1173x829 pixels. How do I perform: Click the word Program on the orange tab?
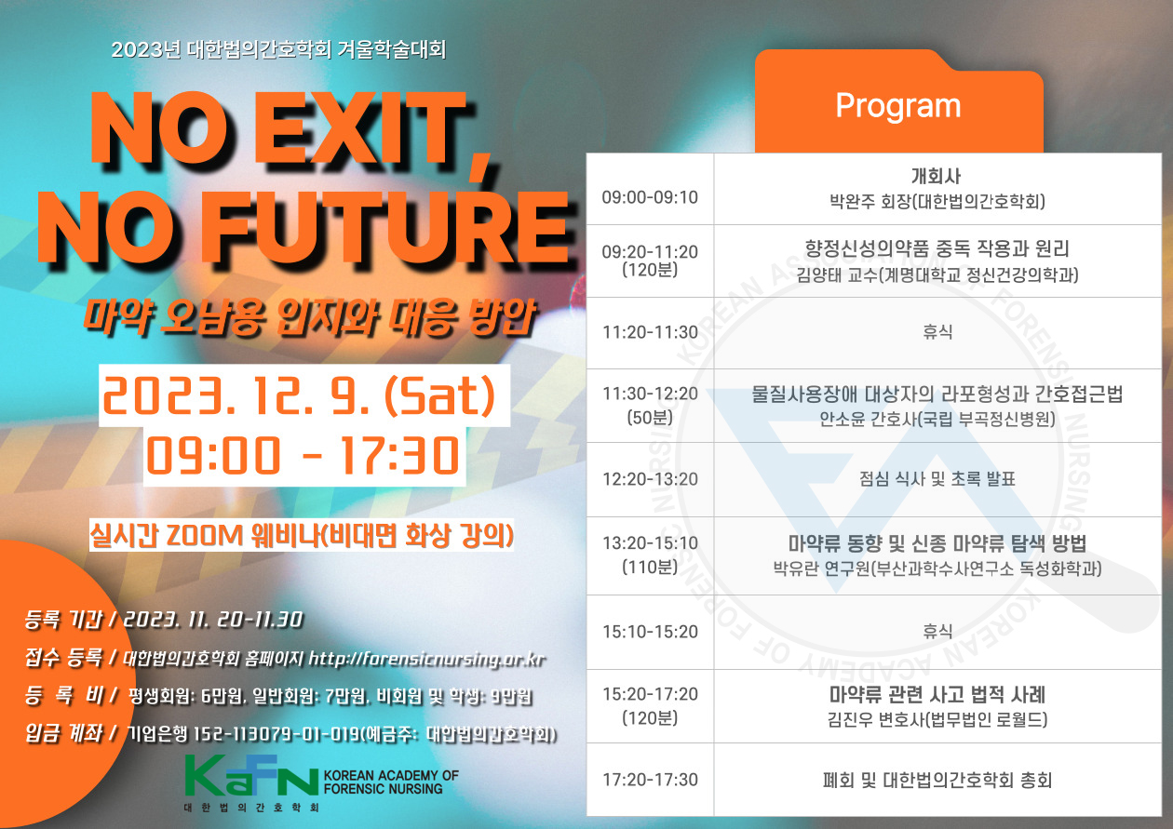point(898,107)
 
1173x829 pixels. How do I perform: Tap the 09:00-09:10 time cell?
point(650,197)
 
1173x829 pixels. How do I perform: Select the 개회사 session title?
point(937,177)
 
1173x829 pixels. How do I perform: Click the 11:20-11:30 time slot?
point(650,332)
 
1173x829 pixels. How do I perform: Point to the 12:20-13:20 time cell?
point(650,479)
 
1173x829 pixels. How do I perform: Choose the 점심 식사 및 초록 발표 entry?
point(937,479)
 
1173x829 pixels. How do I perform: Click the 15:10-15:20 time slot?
point(650,632)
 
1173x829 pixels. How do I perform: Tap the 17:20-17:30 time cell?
point(650,780)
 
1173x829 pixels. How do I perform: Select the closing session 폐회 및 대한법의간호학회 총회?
point(937,781)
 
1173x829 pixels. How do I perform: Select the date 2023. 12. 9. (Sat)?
point(299,396)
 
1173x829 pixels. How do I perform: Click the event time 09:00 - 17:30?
point(303,456)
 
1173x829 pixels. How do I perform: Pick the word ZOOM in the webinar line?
point(205,535)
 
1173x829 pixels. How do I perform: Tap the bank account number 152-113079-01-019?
point(276,734)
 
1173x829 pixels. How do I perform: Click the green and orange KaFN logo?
point(251,776)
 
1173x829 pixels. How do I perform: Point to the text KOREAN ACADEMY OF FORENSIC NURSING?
point(391,782)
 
